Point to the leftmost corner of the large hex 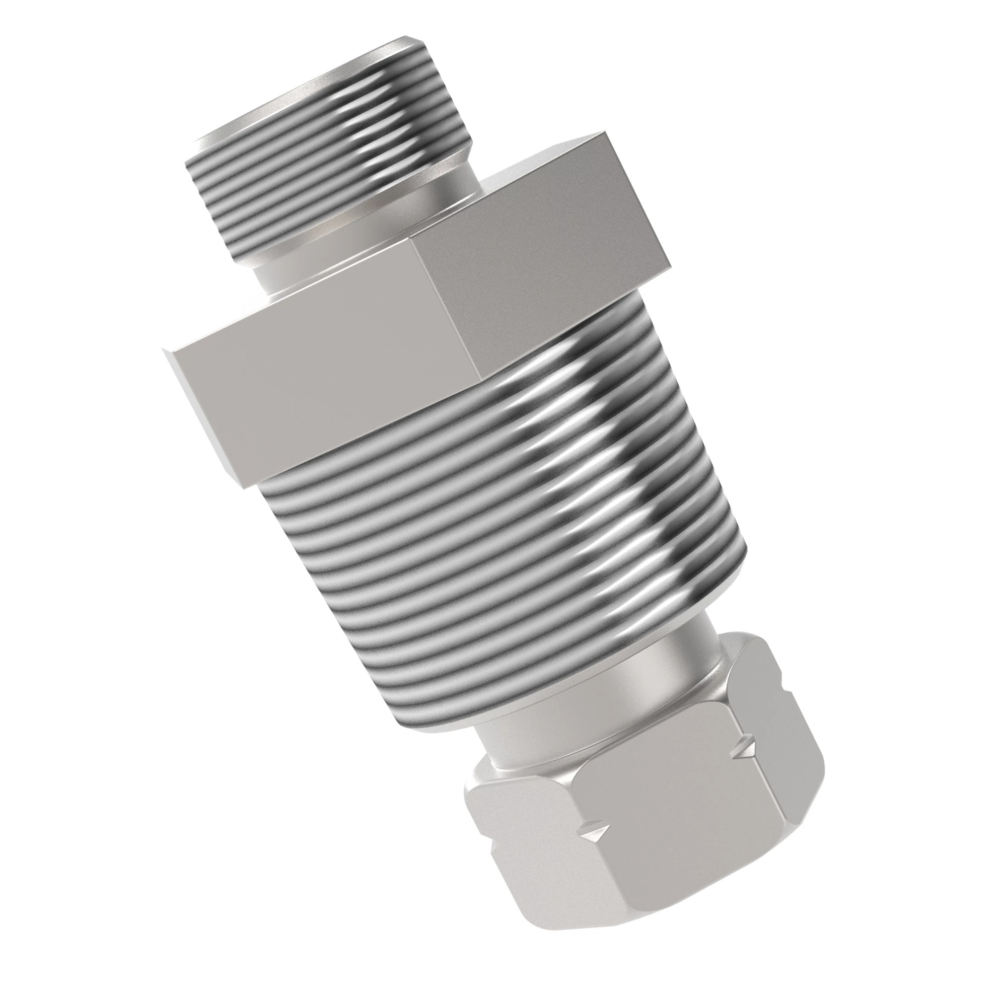click(163, 350)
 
